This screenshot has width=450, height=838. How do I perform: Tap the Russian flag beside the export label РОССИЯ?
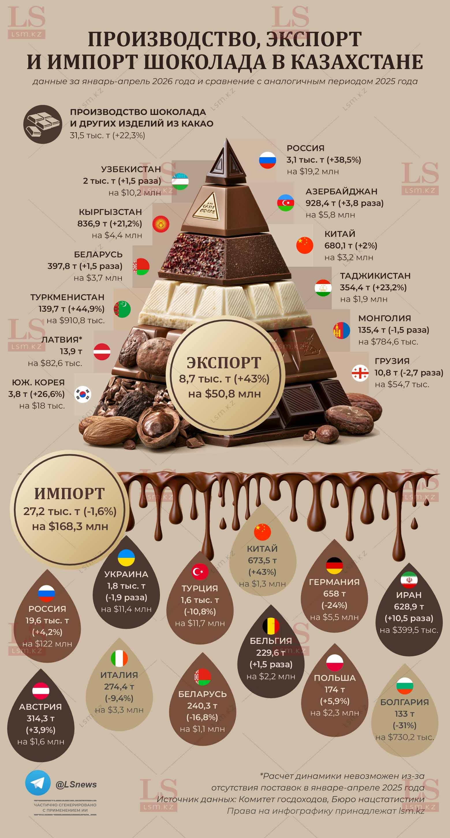(268, 160)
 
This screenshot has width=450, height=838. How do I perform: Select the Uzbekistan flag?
(180, 181)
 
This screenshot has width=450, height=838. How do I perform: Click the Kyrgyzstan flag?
(161, 224)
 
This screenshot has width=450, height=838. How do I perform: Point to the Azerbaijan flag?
(285, 203)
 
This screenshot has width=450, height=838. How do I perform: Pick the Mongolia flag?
(342, 330)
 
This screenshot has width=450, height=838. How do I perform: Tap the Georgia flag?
(360, 373)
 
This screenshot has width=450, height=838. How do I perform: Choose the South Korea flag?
(83, 394)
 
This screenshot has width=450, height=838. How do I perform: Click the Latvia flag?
(102, 352)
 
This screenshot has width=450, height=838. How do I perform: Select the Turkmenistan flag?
(122, 309)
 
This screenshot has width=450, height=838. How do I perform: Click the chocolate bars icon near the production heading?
(43, 124)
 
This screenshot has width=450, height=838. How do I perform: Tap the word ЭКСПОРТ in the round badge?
(224, 363)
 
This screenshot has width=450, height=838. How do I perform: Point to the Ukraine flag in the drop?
(126, 558)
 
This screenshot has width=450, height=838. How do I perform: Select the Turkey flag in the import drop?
(200, 572)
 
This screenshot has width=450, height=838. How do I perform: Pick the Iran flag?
(409, 580)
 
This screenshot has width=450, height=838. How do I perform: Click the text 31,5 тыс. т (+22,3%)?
(108, 135)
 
